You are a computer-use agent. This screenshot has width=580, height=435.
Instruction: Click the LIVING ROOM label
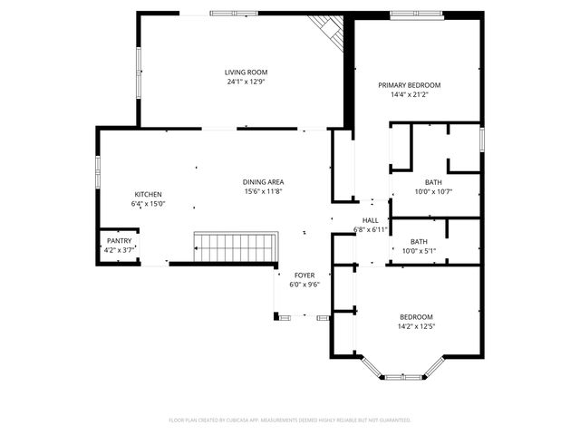point(246,72)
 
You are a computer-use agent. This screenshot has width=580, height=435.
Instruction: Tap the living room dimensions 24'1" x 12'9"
point(246,82)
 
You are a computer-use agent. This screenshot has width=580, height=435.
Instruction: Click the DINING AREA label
point(264,181)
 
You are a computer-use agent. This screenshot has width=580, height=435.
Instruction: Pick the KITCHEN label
point(149,195)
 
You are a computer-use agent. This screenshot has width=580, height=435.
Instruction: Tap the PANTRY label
point(119,240)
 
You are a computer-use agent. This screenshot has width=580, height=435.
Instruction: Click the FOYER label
point(304,275)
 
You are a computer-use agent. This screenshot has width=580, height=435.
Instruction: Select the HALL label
point(371,220)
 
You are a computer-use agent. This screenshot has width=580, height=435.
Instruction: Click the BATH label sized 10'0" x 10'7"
point(433,181)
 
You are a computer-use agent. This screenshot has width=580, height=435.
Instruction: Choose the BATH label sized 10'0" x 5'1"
point(419,241)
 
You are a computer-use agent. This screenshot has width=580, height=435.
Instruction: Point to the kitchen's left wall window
point(98,171)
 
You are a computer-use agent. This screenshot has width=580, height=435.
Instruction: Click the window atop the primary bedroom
point(415,13)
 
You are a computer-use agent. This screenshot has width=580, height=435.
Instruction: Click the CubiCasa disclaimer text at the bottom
point(290,420)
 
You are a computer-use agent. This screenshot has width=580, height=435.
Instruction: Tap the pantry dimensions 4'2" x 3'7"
point(119,249)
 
